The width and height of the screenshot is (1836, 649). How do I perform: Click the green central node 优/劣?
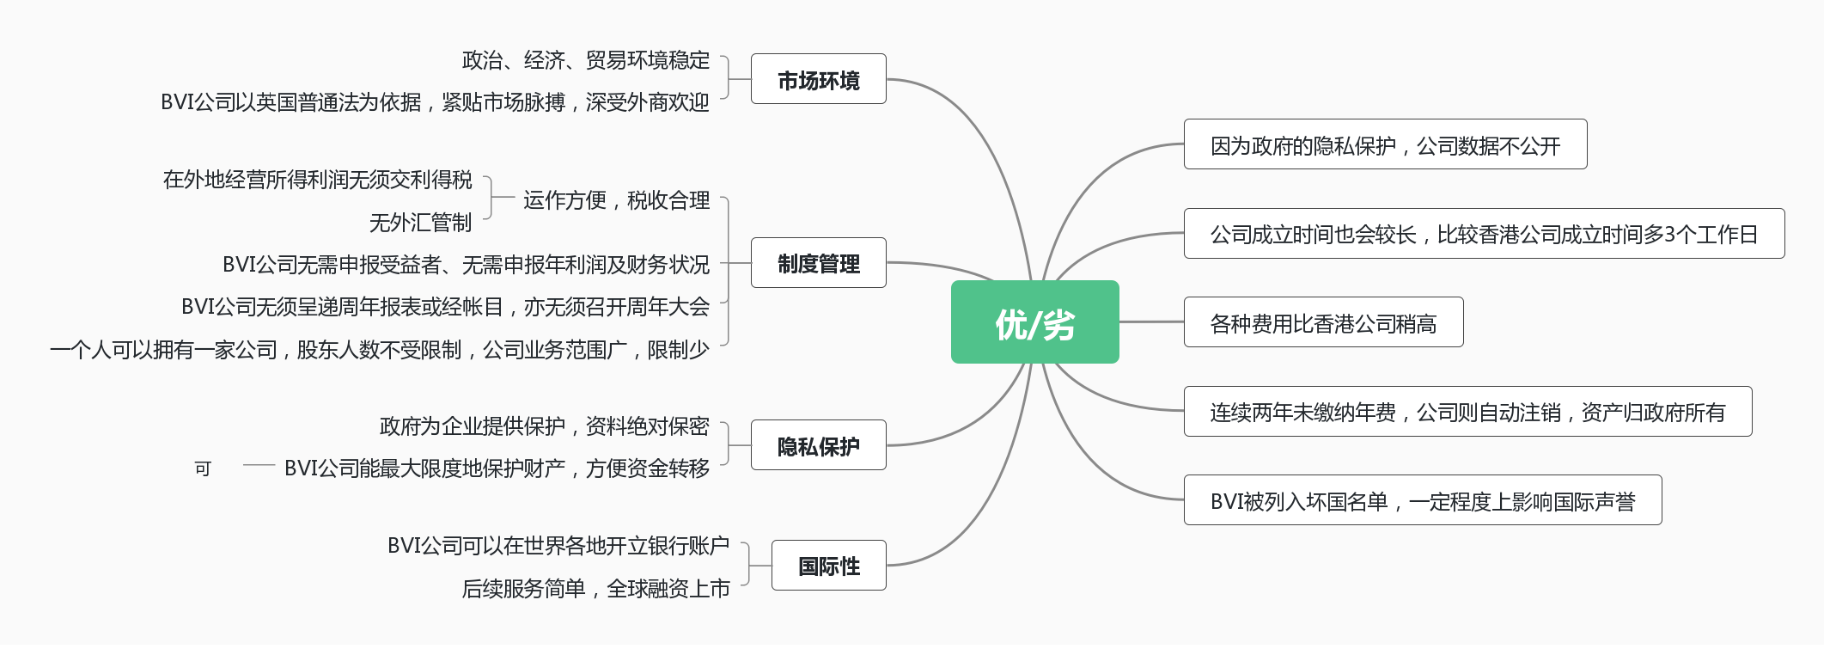pos(1034,322)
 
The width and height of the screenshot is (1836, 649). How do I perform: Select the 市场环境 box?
pos(818,79)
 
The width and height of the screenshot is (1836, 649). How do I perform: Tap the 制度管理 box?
pos(818,263)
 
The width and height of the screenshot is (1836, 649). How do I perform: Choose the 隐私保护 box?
pos(818,445)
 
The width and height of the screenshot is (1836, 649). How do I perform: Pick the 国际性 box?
pos(828,566)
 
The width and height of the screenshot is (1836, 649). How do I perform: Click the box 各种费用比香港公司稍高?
pos(1323,322)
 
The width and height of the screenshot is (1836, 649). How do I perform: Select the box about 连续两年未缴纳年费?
pos(1467,412)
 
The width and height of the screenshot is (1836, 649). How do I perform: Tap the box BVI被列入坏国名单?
pos(1422,500)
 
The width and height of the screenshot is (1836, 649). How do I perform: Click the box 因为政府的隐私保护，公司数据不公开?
pos(1385,144)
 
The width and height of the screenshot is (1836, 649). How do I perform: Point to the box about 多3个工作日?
pos(1484,234)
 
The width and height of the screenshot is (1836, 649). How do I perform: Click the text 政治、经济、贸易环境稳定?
pos(586,60)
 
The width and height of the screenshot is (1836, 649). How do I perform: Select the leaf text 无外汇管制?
pos(420,223)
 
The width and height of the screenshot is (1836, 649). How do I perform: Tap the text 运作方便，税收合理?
pos(616,200)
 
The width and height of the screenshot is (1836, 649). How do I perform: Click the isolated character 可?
pos(203,468)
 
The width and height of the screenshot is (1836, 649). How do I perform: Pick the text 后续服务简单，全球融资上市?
pos(595,589)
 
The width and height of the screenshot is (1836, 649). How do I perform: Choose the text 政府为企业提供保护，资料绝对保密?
pos(544,426)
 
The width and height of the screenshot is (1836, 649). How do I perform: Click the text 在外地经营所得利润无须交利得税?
pos(317,180)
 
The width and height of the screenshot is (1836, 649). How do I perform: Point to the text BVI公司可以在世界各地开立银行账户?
pos(558,546)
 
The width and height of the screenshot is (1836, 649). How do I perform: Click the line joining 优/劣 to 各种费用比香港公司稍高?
pos(1151,322)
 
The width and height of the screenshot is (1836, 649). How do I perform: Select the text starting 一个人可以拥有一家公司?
pos(379,350)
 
